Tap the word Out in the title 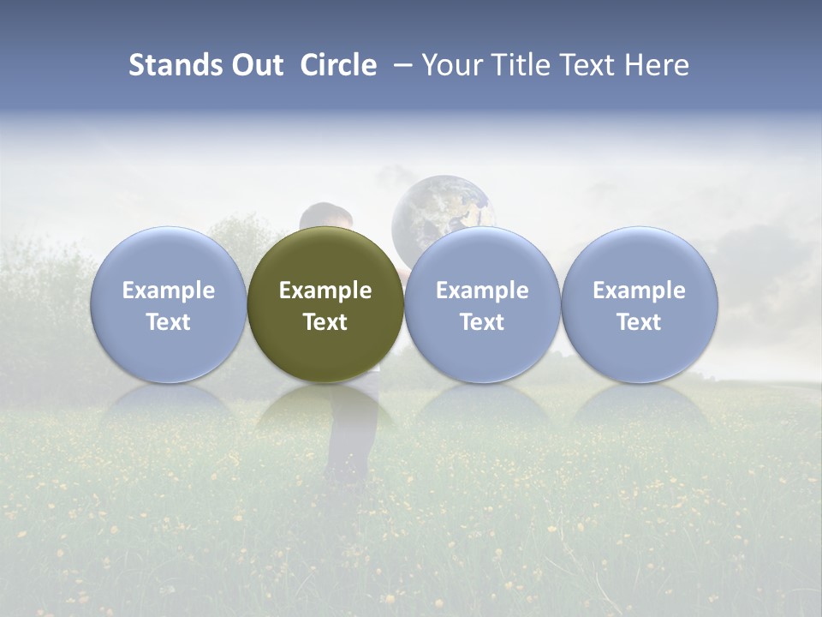pos(254,65)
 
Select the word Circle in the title pos(338,65)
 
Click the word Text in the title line pos(593,65)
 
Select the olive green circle pos(325,304)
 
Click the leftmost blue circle pos(168,304)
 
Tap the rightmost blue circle pos(640,304)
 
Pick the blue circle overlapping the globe pos(482,304)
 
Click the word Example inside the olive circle pos(325,291)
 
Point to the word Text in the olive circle pos(325,322)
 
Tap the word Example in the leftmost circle pos(168,291)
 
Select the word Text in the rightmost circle pos(640,322)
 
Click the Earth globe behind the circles pos(441,206)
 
